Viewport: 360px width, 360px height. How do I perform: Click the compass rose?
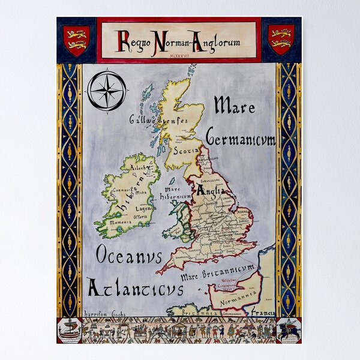(106, 90)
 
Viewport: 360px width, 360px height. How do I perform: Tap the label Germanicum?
(241, 138)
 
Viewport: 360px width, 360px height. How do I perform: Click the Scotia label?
(185, 151)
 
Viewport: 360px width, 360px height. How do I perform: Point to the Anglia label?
(211, 191)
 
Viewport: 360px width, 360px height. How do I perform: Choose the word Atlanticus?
(135, 288)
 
